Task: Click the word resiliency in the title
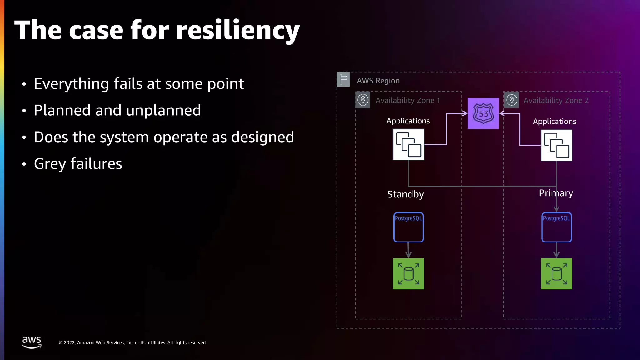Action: click(x=238, y=31)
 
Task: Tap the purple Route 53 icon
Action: click(x=483, y=113)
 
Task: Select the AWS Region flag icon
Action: click(x=343, y=79)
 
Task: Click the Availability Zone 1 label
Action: click(x=407, y=100)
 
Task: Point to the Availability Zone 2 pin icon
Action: click(x=512, y=100)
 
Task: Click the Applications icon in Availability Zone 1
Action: click(x=408, y=144)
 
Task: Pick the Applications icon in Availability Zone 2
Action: click(x=556, y=145)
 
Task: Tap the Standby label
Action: click(x=405, y=194)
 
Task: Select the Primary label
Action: click(x=556, y=193)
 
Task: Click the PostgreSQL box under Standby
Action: click(x=408, y=227)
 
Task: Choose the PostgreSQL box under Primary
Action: click(x=556, y=227)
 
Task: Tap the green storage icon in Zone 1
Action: click(x=408, y=274)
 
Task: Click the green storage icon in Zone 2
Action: click(x=556, y=274)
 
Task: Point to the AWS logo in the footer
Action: click(x=32, y=342)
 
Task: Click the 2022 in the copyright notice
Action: click(x=69, y=343)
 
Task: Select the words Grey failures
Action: click(x=78, y=164)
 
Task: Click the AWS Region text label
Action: click(x=378, y=81)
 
